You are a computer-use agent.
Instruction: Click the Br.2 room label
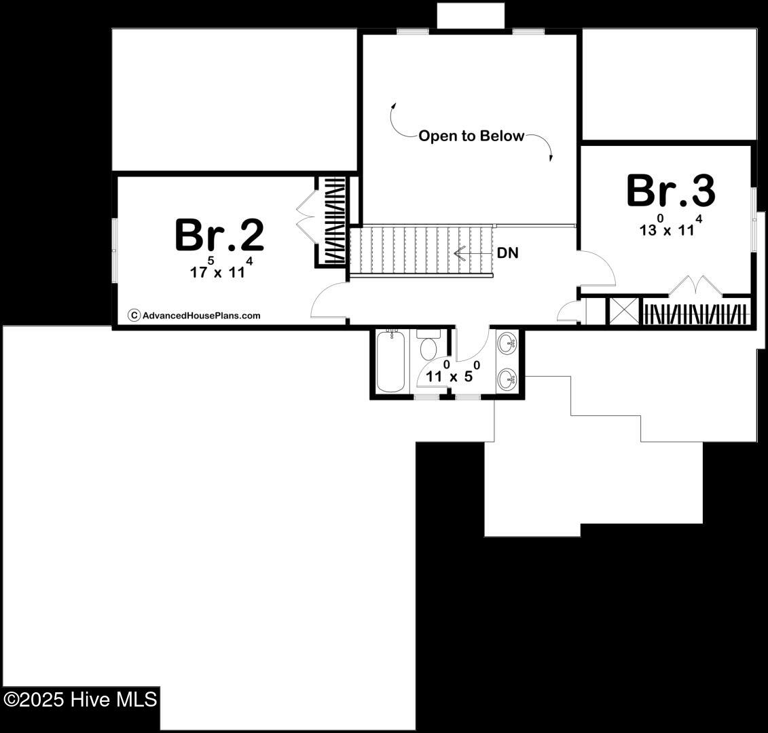click(219, 235)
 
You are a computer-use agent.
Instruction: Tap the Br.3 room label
click(670, 191)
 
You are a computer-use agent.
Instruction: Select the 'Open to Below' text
click(471, 136)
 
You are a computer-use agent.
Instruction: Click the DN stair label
click(508, 253)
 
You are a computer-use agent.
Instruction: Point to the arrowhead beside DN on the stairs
click(458, 254)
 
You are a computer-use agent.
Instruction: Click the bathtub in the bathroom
click(390, 361)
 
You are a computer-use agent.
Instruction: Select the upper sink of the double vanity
click(507, 344)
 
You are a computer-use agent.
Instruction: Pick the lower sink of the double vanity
click(507, 379)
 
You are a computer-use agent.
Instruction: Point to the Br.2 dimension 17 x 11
click(221, 271)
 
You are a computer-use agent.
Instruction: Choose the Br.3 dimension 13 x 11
click(670, 228)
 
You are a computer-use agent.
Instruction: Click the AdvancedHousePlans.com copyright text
click(194, 315)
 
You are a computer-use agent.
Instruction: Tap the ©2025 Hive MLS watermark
click(80, 698)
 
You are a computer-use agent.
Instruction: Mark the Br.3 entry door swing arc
click(598, 269)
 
